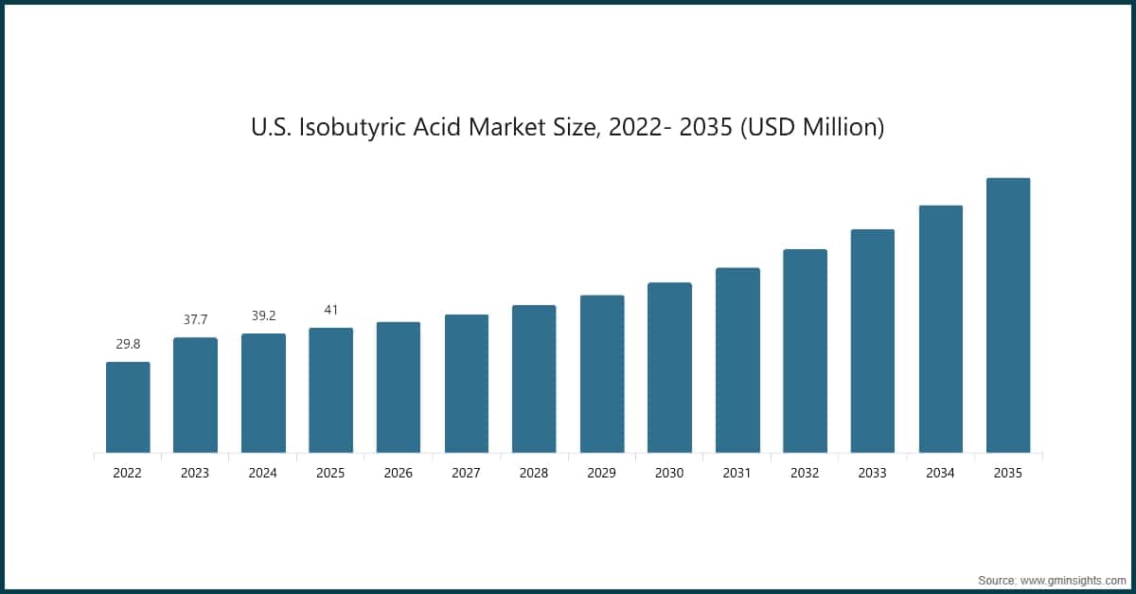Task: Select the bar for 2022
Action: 128,407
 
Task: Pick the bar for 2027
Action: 467,384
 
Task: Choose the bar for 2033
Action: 873,341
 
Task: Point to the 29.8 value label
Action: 128,344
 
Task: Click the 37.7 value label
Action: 195,320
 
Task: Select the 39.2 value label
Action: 263,315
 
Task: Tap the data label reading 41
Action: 330,310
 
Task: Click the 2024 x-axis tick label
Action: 263,473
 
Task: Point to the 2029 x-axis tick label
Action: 602,473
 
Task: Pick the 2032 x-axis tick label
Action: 805,473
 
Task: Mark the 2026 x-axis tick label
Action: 399,473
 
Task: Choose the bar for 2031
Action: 737,360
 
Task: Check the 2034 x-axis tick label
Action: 940,473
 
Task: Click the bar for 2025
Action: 330,390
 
